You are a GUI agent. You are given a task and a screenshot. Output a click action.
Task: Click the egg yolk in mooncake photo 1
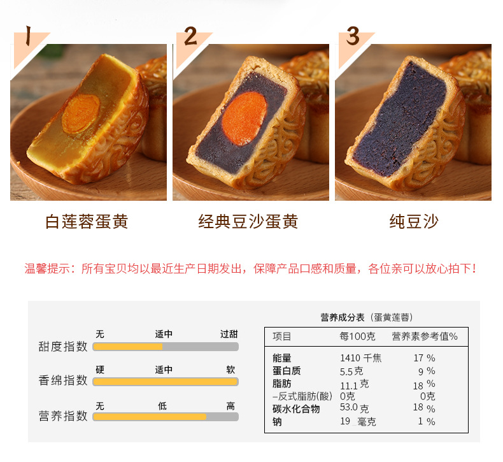click(x=81, y=113)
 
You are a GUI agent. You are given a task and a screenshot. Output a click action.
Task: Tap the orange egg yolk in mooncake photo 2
click(x=244, y=118)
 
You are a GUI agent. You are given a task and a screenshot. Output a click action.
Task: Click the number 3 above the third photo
click(x=353, y=36)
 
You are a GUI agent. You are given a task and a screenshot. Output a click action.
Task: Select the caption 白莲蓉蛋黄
click(x=87, y=222)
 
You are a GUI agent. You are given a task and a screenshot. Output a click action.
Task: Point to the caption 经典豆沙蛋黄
click(x=248, y=222)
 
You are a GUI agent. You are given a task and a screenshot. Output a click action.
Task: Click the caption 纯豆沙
click(x=414, y=222)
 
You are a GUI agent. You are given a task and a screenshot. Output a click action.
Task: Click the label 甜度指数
click(x=63, y=347)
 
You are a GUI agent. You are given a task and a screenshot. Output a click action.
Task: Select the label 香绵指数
click(x=63, y=380)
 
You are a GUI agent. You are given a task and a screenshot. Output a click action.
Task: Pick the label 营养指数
click(x=63, y=415)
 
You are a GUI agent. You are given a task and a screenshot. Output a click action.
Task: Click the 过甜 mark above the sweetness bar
click(x=229, y=334)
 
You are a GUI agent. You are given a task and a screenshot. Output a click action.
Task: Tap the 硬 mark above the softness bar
click(x=100, y=370)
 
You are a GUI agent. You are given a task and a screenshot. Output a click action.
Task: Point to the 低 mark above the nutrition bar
click(x=162, y=406)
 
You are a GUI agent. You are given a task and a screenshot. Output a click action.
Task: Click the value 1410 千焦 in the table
click(x=360, y=358)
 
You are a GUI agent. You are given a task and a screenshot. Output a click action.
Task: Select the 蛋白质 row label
click(x=287, y=371)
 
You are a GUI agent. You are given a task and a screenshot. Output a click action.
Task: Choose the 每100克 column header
click(x=357, y=336)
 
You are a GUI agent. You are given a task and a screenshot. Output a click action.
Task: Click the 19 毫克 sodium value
click(x=358, y=422)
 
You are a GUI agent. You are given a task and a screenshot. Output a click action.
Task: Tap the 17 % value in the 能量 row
click(x=424, y=358)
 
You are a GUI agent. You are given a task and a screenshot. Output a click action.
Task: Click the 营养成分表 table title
click(x=343, y=317)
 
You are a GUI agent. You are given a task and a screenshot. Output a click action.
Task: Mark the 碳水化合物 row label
click(x=296, y=409)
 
